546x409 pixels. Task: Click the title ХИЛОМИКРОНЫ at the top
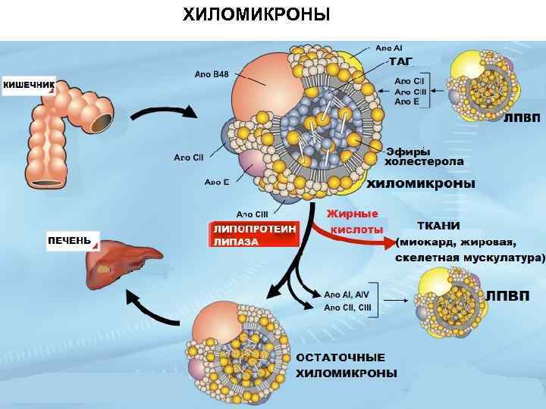pos(256,14)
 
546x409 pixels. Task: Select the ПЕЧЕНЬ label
pos(69,241)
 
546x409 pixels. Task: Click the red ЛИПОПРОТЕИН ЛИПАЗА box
pos(254,235)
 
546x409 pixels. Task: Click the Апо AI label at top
pos(389,47)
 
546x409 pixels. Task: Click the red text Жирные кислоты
pos(354,221)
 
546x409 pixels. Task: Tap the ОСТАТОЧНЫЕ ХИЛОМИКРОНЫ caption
pos(345,365)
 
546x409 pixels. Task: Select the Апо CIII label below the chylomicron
pos(252,214)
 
